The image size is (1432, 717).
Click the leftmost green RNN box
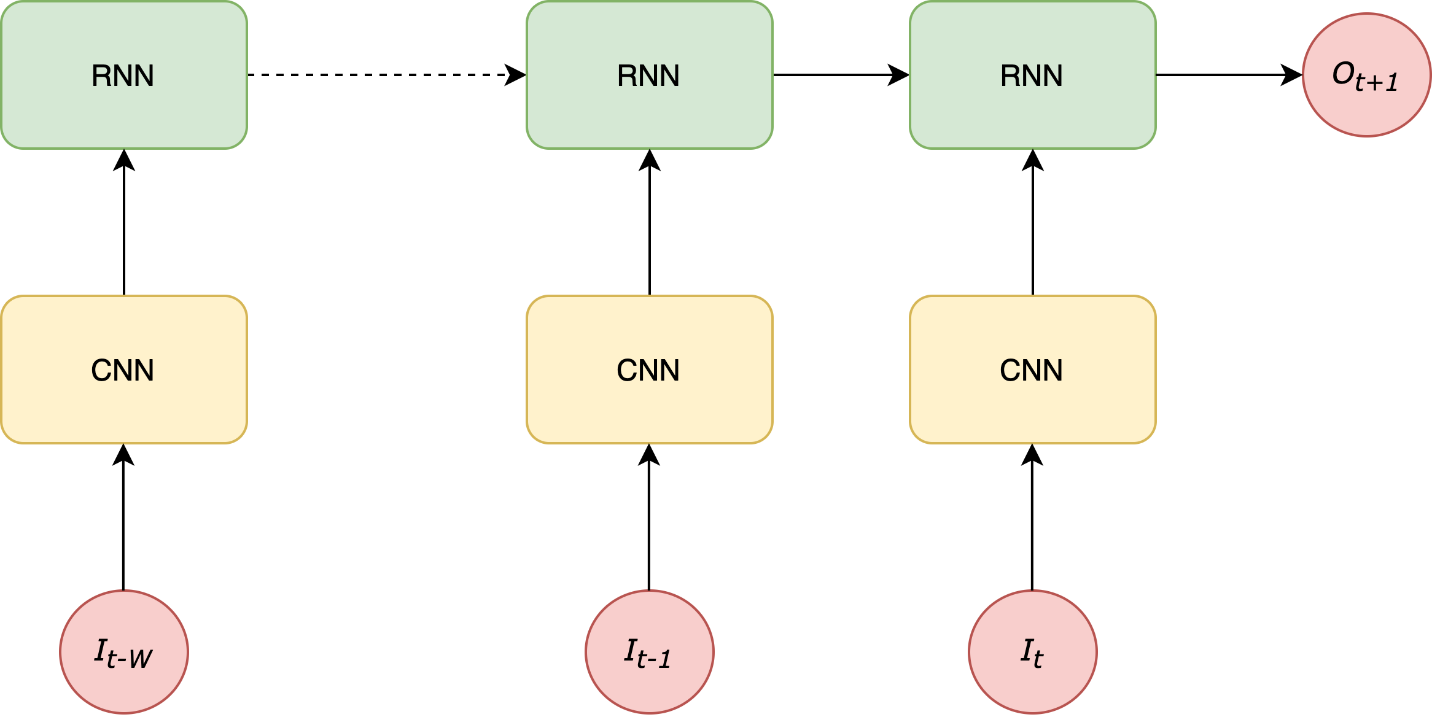[x=124, y=75]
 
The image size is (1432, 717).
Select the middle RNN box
[x=649, y=75]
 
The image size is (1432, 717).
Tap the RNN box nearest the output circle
[x=1032, y=75]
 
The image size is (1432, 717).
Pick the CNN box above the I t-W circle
[x=124, y=370]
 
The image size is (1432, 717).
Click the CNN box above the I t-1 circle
[x=649, y=370]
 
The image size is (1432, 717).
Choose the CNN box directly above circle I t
[x=1032, y=370]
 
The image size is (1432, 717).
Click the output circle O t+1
[x=1367, y=75]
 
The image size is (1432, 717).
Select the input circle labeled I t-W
[x=124, y=651]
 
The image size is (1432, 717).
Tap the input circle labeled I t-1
[x=649, y=651]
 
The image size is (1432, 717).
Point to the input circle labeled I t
[x=1032, y=651]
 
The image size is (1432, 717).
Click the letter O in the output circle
[x=1343, y=74]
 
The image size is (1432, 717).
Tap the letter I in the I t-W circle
[x=101, y=650]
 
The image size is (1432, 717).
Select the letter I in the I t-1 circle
[x=630, y=650]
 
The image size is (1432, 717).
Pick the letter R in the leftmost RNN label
[x=101, y=76]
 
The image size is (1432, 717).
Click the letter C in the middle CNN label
[x=628, y=371]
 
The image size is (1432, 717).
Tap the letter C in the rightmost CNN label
[x=1011, y=371]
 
